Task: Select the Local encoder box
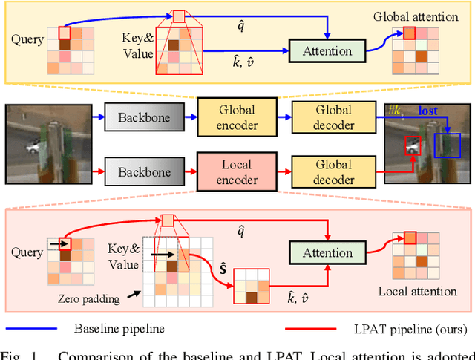tap(237, 171)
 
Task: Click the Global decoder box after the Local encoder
tap(332, 171)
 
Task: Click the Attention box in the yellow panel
tap(327, 51)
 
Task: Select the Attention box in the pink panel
tap(327, 253)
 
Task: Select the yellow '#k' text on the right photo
tap(395, 111)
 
